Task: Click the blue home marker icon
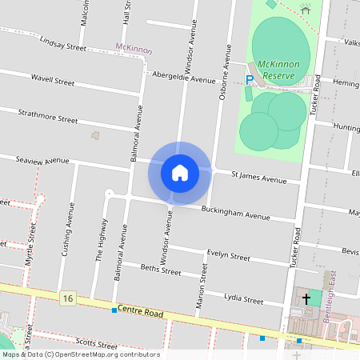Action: click(180, 173)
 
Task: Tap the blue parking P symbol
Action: click(250, 79)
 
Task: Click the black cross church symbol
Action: click(306, 299)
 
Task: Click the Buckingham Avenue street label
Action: click(236, 214)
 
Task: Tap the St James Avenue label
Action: click(258, 177)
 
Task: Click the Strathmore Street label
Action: click(48, 117)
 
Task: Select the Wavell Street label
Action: click(53, 82)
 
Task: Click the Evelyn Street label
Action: click(229, 255)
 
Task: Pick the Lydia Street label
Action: click(243, 299)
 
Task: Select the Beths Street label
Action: click(161, 270)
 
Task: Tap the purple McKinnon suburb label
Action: click(134, 48)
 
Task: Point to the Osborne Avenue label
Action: click(226, 74)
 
